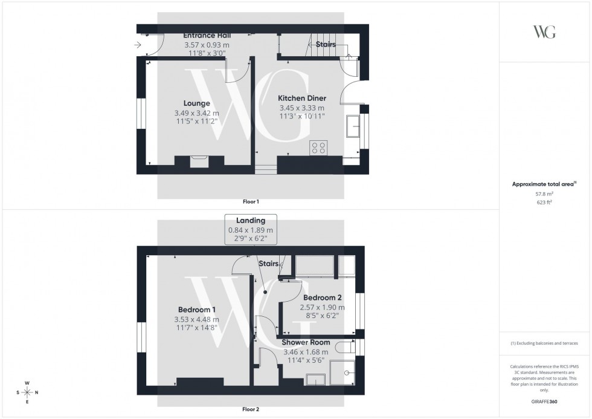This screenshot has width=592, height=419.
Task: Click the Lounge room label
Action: point(197,103)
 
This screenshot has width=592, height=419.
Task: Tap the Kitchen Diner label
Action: point(301,98)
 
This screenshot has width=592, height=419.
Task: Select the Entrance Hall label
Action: point(207,35)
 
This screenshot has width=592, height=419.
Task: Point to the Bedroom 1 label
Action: point(197,310)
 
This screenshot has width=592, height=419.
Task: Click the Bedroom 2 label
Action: point(322,297)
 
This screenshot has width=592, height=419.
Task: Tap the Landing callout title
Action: point(250,220)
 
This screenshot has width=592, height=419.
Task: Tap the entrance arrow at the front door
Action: point(138,45)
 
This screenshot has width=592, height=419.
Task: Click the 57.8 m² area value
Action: point(545,193)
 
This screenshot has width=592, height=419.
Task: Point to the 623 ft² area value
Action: point(545,203)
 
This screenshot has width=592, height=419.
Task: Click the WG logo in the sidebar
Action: point(544,32)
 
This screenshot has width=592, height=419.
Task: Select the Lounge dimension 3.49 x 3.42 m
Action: point(198,113)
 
